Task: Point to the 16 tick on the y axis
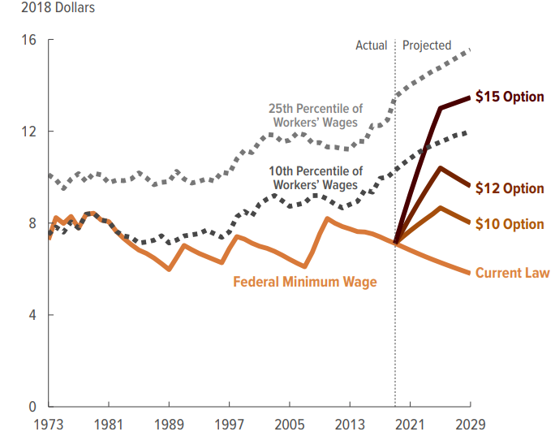tap(29, 41)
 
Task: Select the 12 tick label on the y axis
tap(29, 132)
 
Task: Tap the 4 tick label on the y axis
tap(32, 315)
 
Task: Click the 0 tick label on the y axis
tap(32, 406)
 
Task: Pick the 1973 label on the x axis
tap(49, 425)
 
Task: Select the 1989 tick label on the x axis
tap(169, 425)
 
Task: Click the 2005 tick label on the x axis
tap(289, 425)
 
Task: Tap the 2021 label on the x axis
tap(409, 425)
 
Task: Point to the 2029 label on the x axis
tap(469, 425)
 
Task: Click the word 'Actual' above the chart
tap(372, 45)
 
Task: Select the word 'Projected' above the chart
tap(427, 45)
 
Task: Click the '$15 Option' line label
tap(509, 97)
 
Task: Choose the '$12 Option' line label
tap(509, 188)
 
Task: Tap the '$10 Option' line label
tap(509, 224)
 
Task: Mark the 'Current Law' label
tap(512, 273)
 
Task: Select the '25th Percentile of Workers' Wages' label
tap(316, 115)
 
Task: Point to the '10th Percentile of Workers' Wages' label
tap(316, 178)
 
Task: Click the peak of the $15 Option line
tap(470, 97)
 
